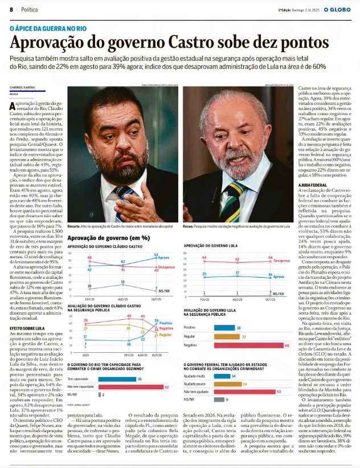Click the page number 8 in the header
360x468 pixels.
11,10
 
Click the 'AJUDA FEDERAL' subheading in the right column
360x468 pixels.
313,185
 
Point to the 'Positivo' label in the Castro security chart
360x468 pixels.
166,323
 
